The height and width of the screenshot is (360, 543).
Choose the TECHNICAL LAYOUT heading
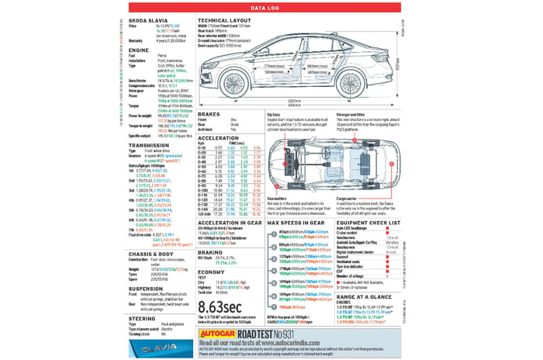tap(230, 19)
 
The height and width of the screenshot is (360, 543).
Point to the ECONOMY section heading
tap(211, 272)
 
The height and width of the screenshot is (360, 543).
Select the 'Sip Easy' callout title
tap(273, 114)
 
